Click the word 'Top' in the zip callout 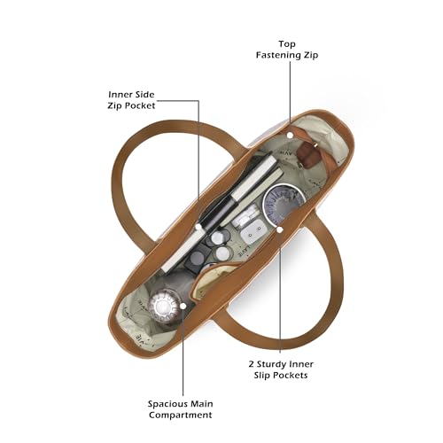pyautogui.click(x=287, y=44)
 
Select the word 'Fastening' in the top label pyautogui.click(x=276, y=55)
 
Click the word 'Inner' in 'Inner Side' pyautogui.click(x=119, y=95)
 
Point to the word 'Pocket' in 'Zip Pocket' pyautogui.click(x=141, y=105)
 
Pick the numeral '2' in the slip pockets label pyautogui.click(x=251, y=364)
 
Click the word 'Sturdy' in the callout pyautogui.click(x=271, y=364)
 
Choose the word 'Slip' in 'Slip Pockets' pyautogui.click(x=261, y=376)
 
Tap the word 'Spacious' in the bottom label pyautogui.click(x=165, y=404)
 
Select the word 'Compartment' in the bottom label pyautogui.click(x=181, y=415)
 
